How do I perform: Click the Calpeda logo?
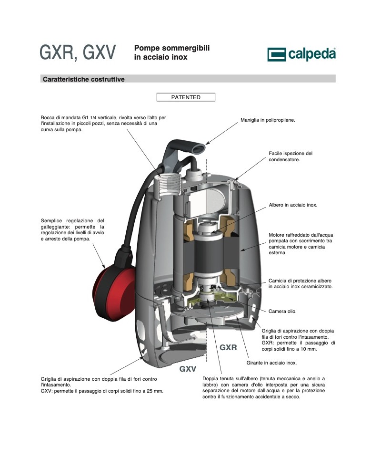click(x=301, y=54)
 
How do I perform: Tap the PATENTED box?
click(x=186, y=97)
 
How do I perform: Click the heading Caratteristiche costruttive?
click(x=84, y=79)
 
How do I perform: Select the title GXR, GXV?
click(x=78, y=52)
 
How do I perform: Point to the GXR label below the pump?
click(x=228, y=347)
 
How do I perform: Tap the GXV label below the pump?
click(x=188, y=369)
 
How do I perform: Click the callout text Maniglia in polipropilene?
click(x=268, y=120)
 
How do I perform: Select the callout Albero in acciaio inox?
click(x=293, y=205)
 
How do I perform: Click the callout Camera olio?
click(x=282, y=312)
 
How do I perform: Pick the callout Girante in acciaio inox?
click(x=271, y=363)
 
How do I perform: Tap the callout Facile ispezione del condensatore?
click(x=291, y=156)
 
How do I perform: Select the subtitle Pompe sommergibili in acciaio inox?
click(x=172, y=52)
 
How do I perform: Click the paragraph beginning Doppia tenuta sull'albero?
click(x=263, y=387)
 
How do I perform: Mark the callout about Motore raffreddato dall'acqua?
click(x=301, y=244)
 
